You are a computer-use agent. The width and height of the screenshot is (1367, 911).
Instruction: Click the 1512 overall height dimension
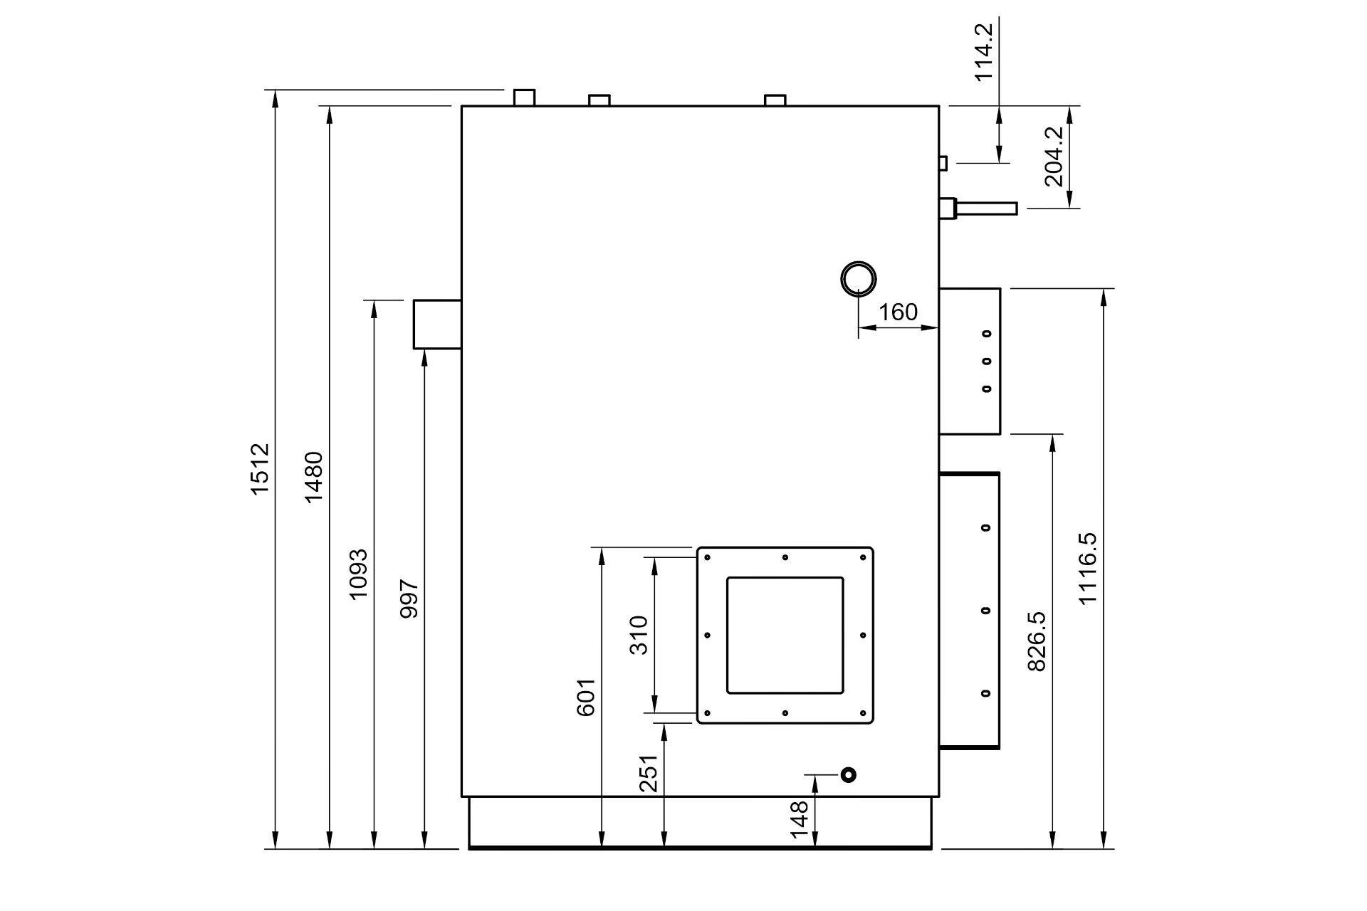point(260,469)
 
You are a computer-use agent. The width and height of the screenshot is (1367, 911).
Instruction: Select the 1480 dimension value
point(313,477)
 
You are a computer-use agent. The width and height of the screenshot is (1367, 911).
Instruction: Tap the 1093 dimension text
point(358,574)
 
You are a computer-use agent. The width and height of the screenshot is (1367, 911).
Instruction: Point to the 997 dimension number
point(409,599)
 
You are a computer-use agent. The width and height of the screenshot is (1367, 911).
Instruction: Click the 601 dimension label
point(585,697)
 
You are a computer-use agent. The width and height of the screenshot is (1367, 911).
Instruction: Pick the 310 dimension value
point(639,636)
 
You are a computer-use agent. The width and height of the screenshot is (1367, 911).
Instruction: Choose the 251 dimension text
point(649,774)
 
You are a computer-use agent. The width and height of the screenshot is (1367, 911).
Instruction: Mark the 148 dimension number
point(800,819)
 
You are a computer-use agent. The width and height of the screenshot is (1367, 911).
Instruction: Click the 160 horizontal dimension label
point(898,312)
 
